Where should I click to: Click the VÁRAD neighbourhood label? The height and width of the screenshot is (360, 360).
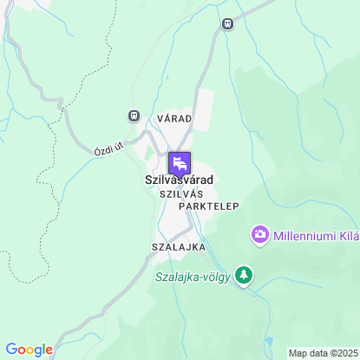pyautogui.click(x=174, y=117)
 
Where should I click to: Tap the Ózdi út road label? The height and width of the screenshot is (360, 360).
pyautogui.click(x=108, y=149)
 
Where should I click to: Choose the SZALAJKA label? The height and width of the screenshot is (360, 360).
pyautogui.click(x=178, y=247)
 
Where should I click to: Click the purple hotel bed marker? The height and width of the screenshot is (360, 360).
pyautogui.click(x=180, y=162)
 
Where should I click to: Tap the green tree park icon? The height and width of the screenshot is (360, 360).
pyautogui.click(x=245, y=276)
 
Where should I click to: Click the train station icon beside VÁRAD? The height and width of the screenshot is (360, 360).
pyautogui.click(x=134, y=115)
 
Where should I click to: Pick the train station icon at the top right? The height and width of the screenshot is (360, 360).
pyautogui.click(x=227, y=24)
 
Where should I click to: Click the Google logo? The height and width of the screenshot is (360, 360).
pyautogui.click(x=29, y=350)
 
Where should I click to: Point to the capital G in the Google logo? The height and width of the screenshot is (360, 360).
pyautogui.click(x=10, y=349)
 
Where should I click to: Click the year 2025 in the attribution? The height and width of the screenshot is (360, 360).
pyautogui.click(x=344, y=353)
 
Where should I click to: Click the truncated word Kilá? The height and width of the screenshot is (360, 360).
pyautogui.click(x=349, y=235)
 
